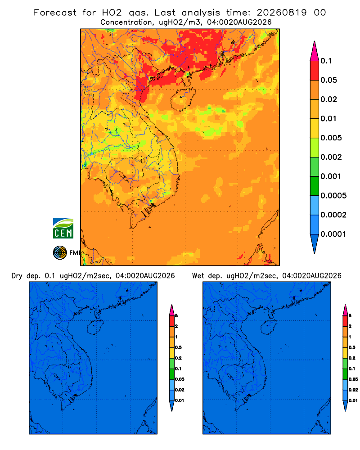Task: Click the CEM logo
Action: pos(63,228)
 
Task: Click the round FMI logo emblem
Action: pos(60,252)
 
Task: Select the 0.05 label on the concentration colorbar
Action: pos(328,80)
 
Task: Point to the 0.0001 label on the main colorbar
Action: pos(333,234)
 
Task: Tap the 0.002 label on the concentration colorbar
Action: pos(331,157)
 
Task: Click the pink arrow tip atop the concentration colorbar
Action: pos(315,51)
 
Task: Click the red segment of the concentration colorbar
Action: pos(315,71)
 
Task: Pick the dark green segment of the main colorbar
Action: pos(315,186)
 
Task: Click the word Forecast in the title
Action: pos(55,13)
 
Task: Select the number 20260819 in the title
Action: pos(281,13)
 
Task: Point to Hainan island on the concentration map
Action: pos(183,99)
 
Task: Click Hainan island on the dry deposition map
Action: pos(95,328)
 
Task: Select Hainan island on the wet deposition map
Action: pos(269,328)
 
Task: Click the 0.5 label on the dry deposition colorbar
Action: pos(178,347)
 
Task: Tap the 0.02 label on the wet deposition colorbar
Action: pos(353,390)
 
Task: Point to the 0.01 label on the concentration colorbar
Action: pos(328,118)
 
